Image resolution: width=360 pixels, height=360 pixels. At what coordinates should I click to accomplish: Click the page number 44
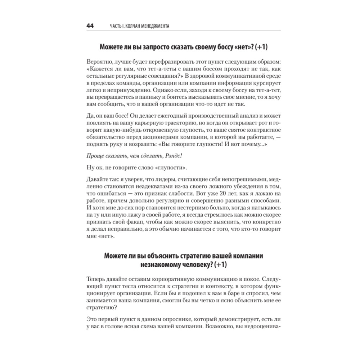point(90,26)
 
